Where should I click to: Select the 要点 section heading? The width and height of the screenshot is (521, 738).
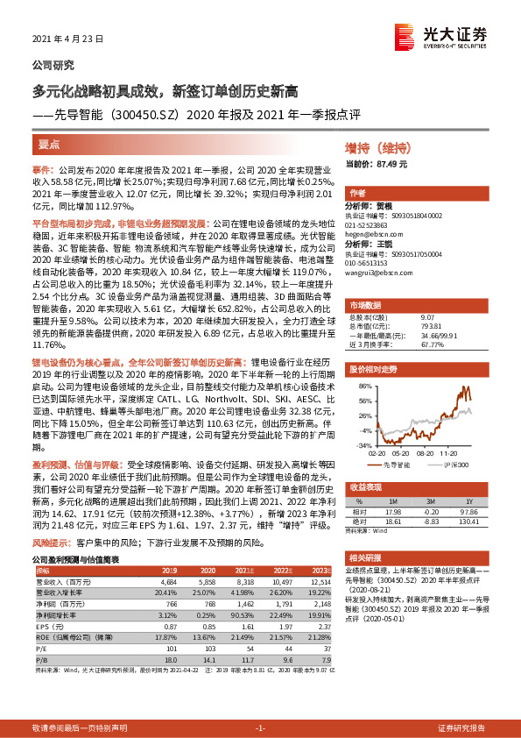(x=48, y=144)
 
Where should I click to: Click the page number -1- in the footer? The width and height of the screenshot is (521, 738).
(x=260, y=727)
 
